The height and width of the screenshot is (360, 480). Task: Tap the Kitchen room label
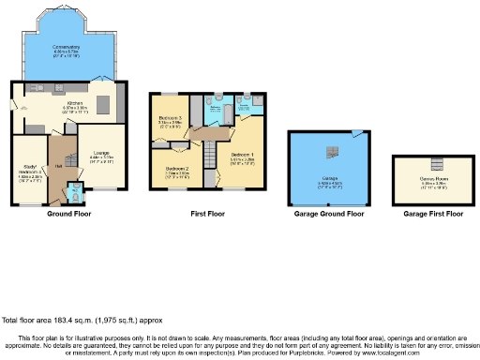(74, 107)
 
